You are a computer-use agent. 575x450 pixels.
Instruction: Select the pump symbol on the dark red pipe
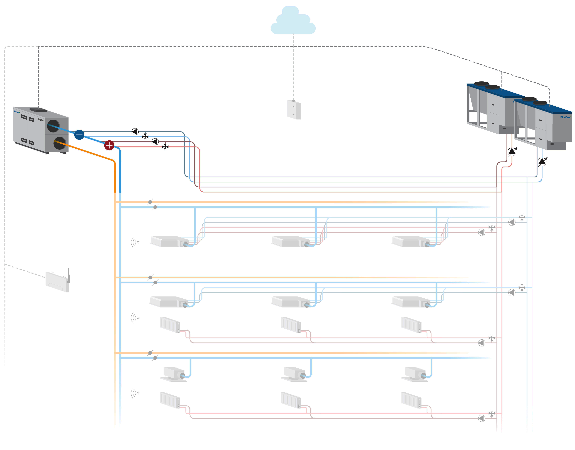[155, 142]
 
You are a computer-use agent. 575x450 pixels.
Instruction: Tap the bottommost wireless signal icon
[135, 393]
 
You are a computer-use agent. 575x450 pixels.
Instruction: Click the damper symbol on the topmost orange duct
[150, 202]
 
